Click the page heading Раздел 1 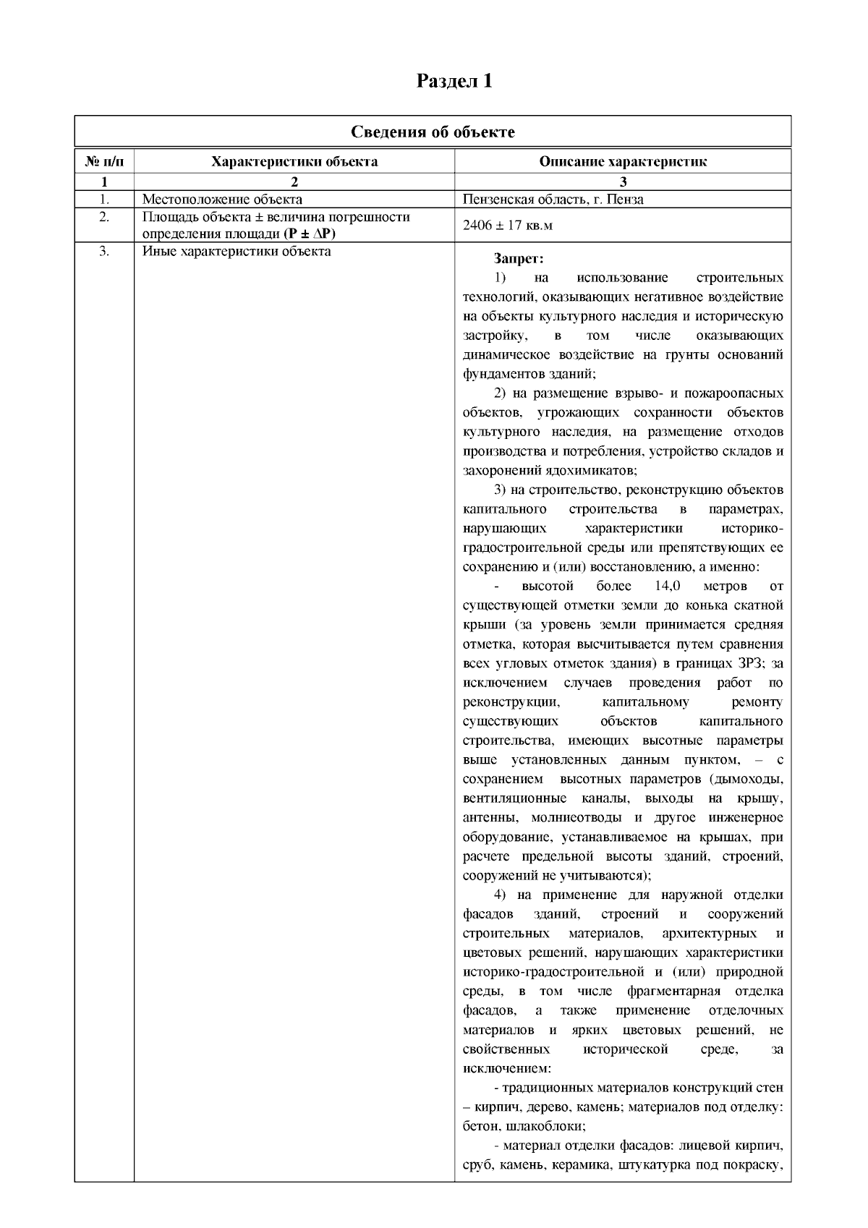[454, 81]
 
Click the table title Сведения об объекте [433, 132]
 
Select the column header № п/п [104, 161]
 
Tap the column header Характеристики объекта [294, 161]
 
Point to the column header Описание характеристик [623, 161]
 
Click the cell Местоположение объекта [222, 200]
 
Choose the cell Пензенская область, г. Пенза [553, 200]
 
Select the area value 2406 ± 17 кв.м [508, 226]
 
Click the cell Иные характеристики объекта [237, 252]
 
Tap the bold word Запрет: [519, 258]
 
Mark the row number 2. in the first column [104, 217]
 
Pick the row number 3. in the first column [104, 252]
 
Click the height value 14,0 [667, 586]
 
